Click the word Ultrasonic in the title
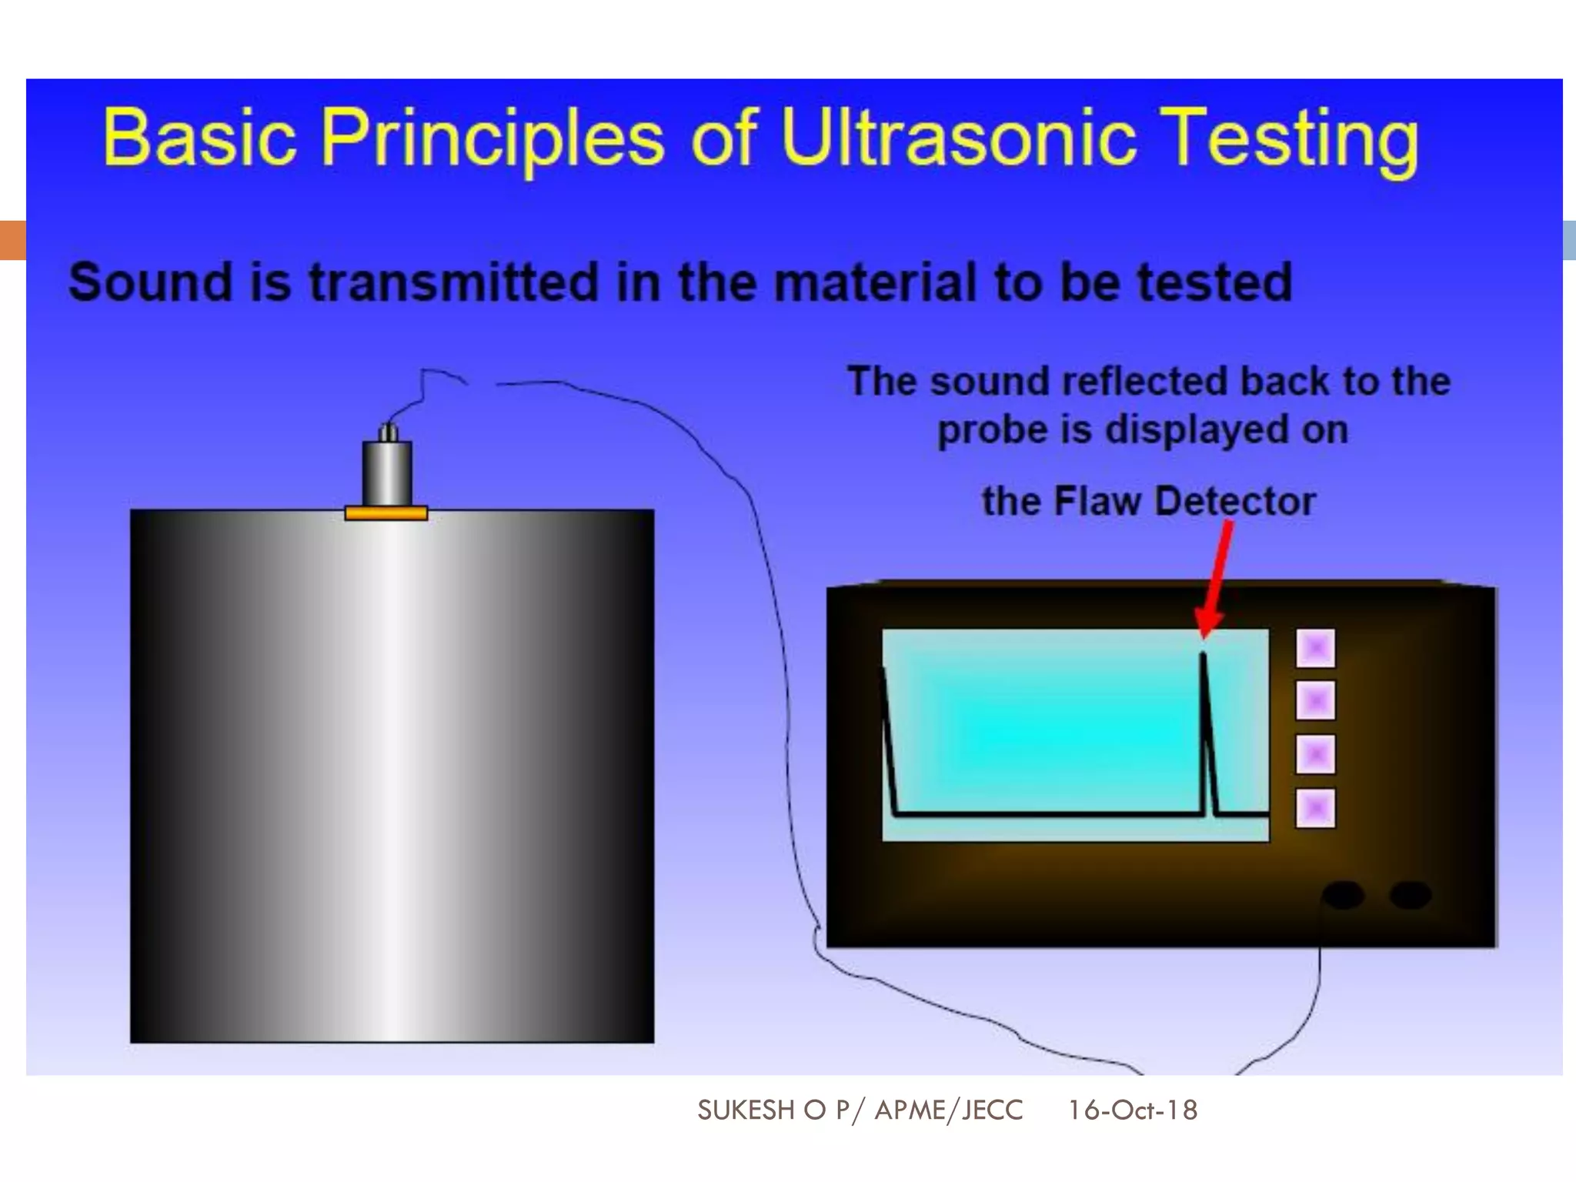pyautogui.click(x=958, y=139)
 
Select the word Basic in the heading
pyautogui.click(x=200, y=139)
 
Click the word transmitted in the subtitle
pyautogui.click(x=454, y=282)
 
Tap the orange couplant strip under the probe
pyautogui.click(x=386, y=513)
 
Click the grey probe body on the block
pyautogui.click(x=386, y=472)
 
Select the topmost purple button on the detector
pyautogui.click(x=1315, y=648)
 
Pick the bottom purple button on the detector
pyautogui.click(x=1315, y=808)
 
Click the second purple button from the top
pyautogui.click(x=1315, y=701)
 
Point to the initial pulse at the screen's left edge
pyautogui.click(x=890, y=739)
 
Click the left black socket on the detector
pyautogui.click(x=1344, y=895)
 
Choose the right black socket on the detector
pyautogui.click(x=1410, y=895)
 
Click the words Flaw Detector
pyautogui.click(x=1184, y=502)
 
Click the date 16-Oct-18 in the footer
pyautogui.click(x=1132, y=1110)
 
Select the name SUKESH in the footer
pyautogui.click(x=746, y=1110)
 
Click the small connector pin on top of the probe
pyautogui.click(x=389, y=432)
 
